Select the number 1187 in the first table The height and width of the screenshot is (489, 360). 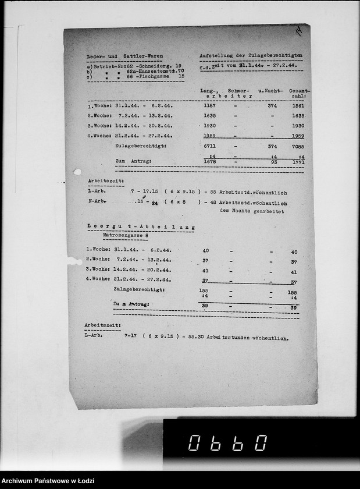tap(210, 106)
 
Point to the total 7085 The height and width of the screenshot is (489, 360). tap(298, 147)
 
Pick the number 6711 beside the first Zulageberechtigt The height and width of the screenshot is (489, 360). tap(210, 147)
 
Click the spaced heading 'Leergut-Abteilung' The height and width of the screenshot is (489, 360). tap(140, 228)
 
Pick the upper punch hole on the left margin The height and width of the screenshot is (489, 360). tap(77, 172)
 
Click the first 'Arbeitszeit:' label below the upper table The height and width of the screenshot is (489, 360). tap(102, 182)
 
